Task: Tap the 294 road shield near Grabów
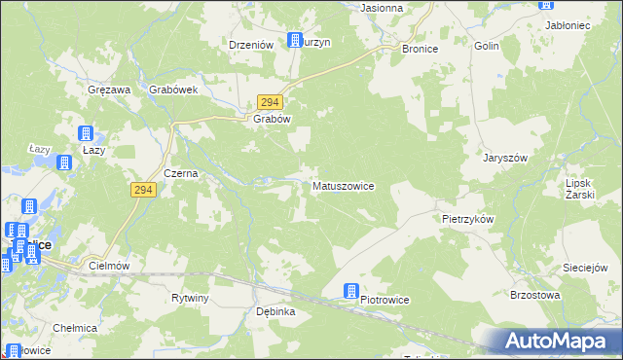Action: [x=271, y=102]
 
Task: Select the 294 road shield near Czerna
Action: [x=142, y=191]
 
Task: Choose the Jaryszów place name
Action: [x=506, y=158]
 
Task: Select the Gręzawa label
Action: [x=108, y=90]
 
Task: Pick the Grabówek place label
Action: [x=174, y=90]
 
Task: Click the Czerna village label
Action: [x=181, y=173]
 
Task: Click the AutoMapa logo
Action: [x=557, y=341]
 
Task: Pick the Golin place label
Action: [x=487, y=46]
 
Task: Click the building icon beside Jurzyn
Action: [x=295, y=41]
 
